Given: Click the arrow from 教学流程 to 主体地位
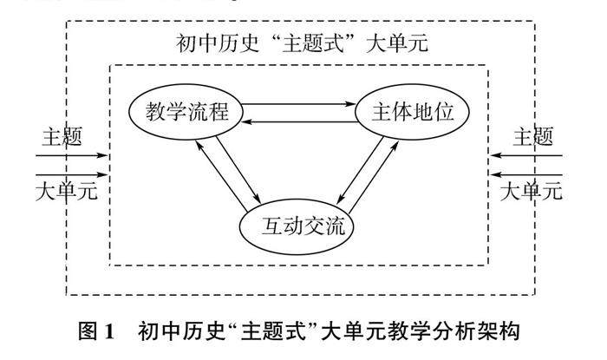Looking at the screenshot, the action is (300, 106).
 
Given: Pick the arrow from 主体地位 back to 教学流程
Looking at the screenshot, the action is (300, 124).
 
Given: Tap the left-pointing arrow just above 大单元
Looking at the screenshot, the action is (528, 173).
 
